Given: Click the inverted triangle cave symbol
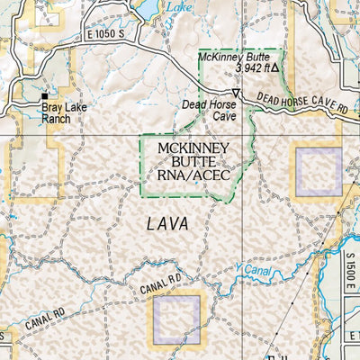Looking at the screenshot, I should point(236,94).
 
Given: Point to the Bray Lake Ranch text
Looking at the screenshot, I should point(58,112).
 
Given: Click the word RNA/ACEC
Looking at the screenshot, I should point(192,176).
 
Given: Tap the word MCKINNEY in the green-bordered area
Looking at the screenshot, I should point(192,148).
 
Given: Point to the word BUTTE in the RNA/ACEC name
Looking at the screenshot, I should point(192,162).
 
